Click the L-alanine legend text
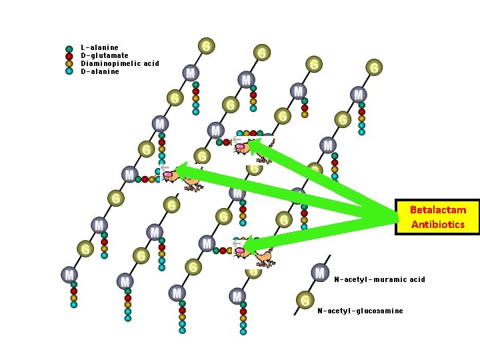[x=99, y=47]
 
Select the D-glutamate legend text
[x=105, y=55]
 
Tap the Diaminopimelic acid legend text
[x=120, y=63]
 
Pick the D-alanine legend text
[x=100, y=71]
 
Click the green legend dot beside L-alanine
[x=69, y=49]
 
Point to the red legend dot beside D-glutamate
[x=69, y=56]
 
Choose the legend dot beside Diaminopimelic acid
[x=69, y=64]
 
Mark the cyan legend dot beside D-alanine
[x=69, y=71]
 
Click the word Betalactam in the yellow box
[x=438, y=209]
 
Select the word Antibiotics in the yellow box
[x=438, y=224]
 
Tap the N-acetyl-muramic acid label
[x=379, y=279]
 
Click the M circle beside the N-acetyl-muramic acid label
[x=320, y=272]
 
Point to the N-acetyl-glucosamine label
[x=360, y=311]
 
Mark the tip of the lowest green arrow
[x=245, y=246]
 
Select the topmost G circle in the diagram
[x=207, y=45]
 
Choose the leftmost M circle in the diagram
[x=69, y=274]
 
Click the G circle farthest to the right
[x=375, y=67]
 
